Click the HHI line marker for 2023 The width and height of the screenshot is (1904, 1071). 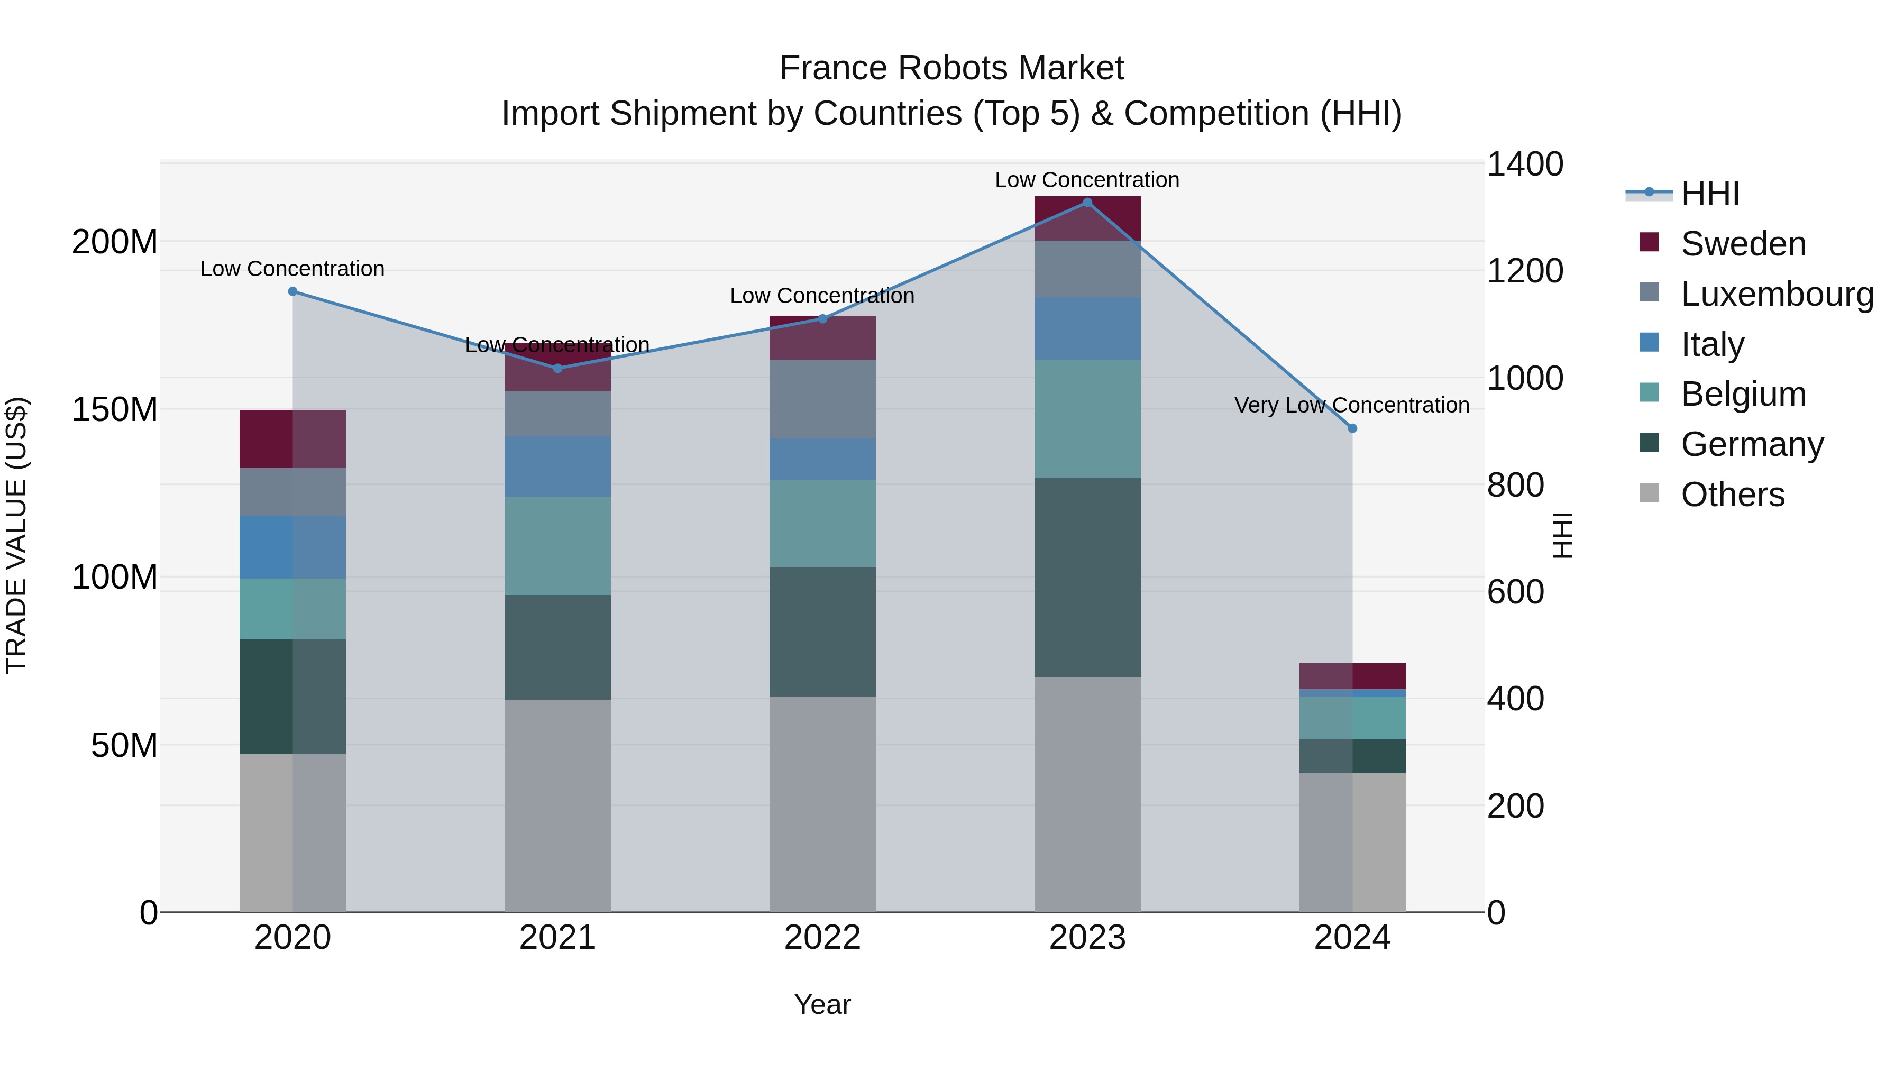click(1086, 203)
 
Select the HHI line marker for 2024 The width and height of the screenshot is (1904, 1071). click(1352, 428)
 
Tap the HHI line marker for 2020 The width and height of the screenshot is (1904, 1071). click(292, 291)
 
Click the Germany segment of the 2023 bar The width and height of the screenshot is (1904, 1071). click(1086, 577)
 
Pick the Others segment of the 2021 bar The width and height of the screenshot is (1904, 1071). click(557, 805)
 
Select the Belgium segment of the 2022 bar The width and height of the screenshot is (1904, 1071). click(822, 523)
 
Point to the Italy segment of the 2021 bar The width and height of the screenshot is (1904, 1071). click(557, 466)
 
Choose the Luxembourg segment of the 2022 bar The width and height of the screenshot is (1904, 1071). click(822, 399)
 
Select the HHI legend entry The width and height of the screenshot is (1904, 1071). click(1709, 194)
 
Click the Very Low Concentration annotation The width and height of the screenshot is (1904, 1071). click(1351, 405)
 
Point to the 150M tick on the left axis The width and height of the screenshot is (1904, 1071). click(115, 409)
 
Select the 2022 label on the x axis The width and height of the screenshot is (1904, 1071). click(822, 938)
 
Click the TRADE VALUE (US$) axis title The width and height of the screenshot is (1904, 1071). click(16, 535)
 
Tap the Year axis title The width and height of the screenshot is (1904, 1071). click(822, 1004)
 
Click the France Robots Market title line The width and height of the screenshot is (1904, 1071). click(951, 68)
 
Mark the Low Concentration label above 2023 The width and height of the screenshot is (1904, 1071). click(1086, 180)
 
